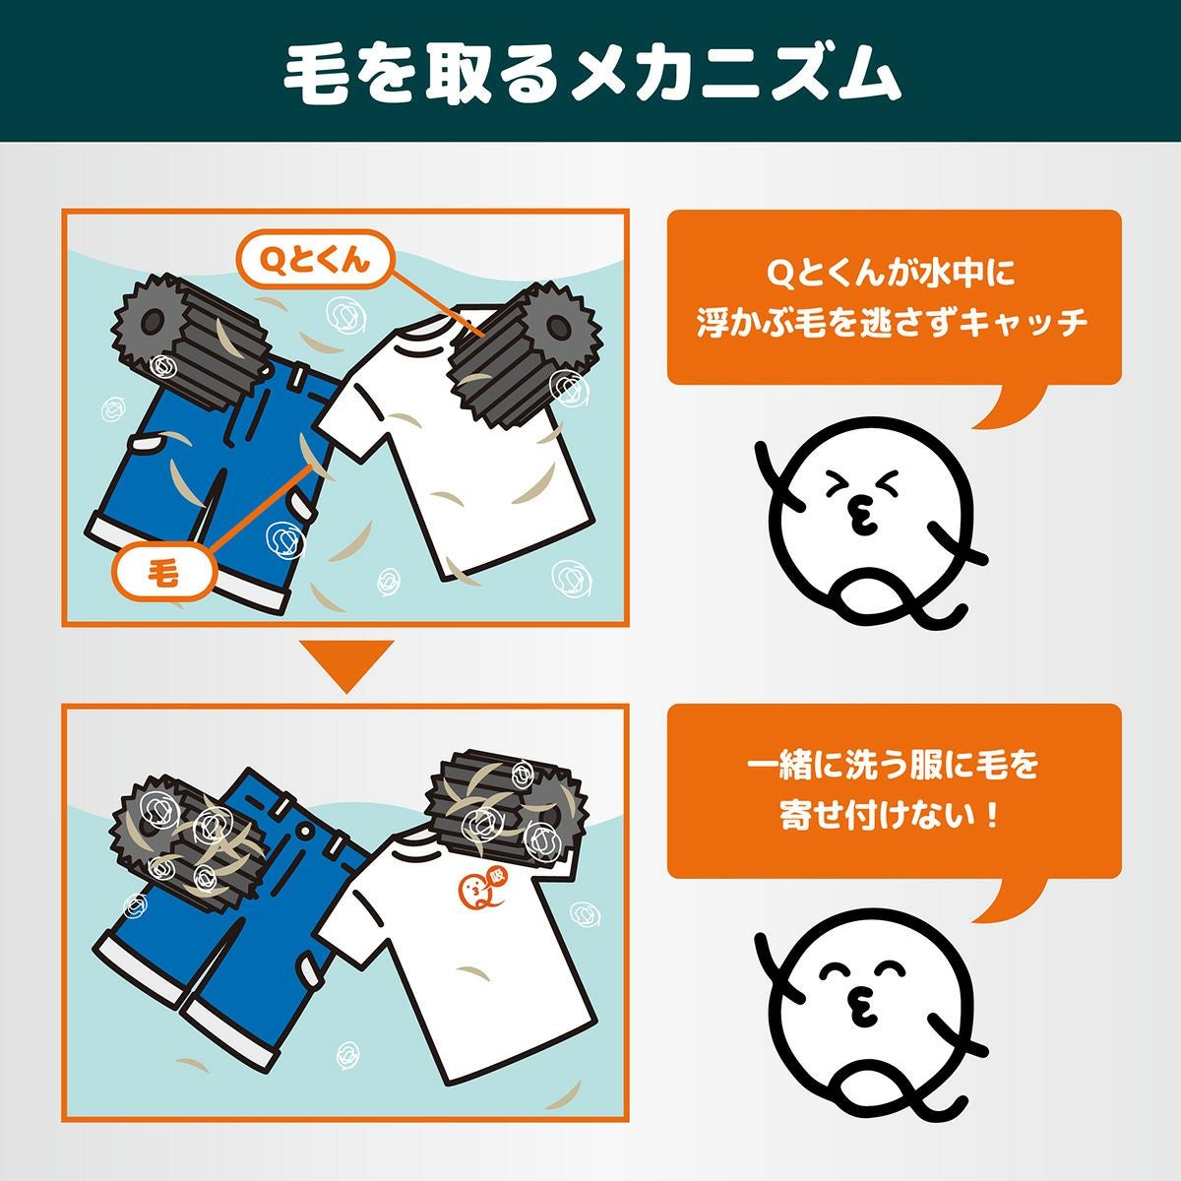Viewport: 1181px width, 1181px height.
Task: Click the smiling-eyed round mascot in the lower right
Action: pos(870,1015)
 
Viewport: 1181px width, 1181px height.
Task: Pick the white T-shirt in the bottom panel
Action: pos(460,956)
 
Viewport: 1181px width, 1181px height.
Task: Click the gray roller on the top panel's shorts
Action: pos(190,345)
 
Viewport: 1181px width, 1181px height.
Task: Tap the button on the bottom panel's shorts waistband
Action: pos(304,831)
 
